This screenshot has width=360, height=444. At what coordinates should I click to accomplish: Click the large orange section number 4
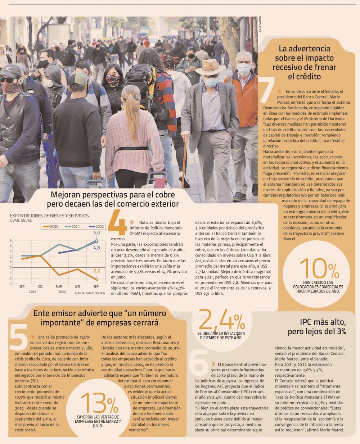coord(117,223)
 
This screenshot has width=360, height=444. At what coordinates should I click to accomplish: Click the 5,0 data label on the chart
coord(96,233)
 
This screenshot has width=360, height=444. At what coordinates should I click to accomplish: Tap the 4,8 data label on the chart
coord(96,248)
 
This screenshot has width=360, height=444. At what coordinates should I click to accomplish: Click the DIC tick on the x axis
coord(40,286)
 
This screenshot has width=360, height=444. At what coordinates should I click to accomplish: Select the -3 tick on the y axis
coord(10,284)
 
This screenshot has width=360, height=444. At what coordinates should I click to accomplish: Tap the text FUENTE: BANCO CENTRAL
coord(90,293)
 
